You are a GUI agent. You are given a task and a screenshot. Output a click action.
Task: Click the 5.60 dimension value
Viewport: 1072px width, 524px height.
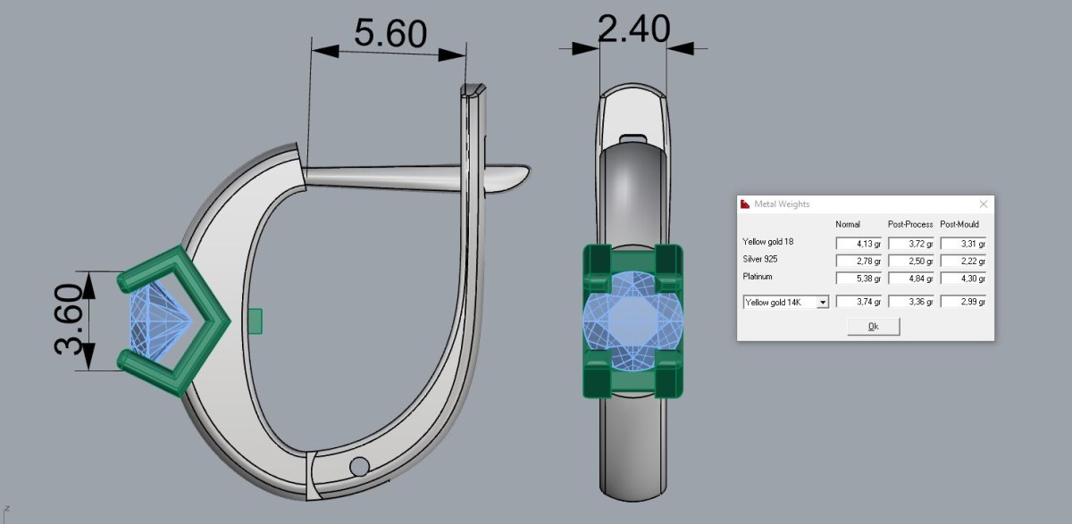tap(390, 33)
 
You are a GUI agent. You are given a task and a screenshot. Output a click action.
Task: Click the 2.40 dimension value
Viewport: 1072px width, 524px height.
tap(634, 29)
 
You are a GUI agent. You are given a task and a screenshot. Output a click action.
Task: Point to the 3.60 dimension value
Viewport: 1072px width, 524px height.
tap(69, 320)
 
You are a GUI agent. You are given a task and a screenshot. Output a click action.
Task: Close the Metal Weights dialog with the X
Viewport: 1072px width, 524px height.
tap(984, 204)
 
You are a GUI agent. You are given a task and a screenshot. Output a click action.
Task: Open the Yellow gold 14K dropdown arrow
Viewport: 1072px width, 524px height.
tap(823, 302)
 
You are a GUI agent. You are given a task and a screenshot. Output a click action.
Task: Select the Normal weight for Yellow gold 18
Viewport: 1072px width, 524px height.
tap(858, 244)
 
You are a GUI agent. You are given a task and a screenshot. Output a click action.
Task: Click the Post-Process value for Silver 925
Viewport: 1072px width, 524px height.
tap(910, 261)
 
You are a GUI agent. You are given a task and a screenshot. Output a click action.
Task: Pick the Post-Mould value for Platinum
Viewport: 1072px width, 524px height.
tap(963, 279)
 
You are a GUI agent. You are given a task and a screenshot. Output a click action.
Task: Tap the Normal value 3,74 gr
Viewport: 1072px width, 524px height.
tap(858, 302)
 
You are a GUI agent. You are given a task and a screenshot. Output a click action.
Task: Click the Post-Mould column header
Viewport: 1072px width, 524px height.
tap(959, 224)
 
